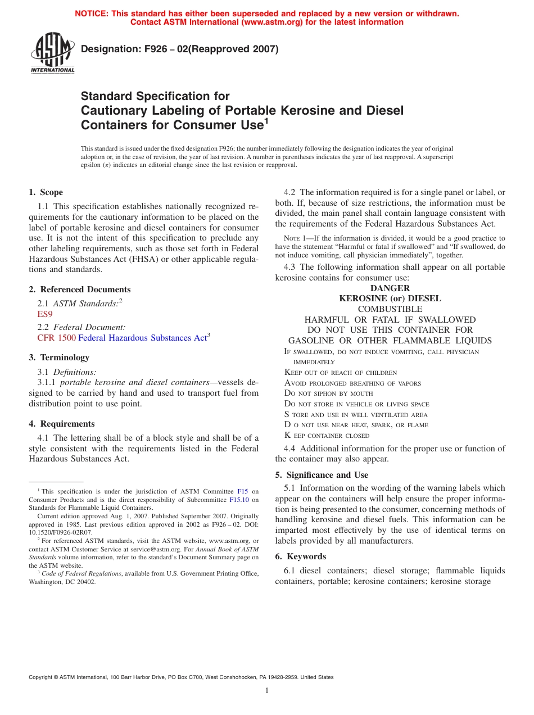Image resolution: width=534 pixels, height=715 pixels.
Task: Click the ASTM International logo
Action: pyautogui.click(x=52, y=55)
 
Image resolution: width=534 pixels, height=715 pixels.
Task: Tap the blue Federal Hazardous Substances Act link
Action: pyautogui.click(x=142, y=338)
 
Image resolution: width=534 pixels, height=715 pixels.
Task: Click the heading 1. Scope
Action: pyautogui.click(x=46, y=192)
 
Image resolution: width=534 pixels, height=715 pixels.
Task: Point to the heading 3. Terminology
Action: pyautogui.click(x=59, y=357)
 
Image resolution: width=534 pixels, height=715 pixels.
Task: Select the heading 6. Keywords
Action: pyautogui.click(x=301, y=556)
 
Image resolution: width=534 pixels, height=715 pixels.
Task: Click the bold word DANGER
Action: pyautogui.click(x=390, y=288)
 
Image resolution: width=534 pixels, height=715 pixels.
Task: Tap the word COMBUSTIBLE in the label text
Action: pyautogui.click(x=390, y=309)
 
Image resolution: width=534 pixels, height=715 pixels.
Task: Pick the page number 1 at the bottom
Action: pyautogui.click(x=267, y=691)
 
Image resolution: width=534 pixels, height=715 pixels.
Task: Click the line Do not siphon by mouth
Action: pyautogui.click(x=329, y=393)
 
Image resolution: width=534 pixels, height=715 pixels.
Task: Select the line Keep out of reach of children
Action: pyautogui.click(x=341, y=373)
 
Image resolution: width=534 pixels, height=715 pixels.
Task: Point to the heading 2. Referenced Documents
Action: pyautogui.click(x=80, y=289)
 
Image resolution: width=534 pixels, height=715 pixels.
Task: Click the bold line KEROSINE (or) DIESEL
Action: pyautogui.click(x=390, y=298)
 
